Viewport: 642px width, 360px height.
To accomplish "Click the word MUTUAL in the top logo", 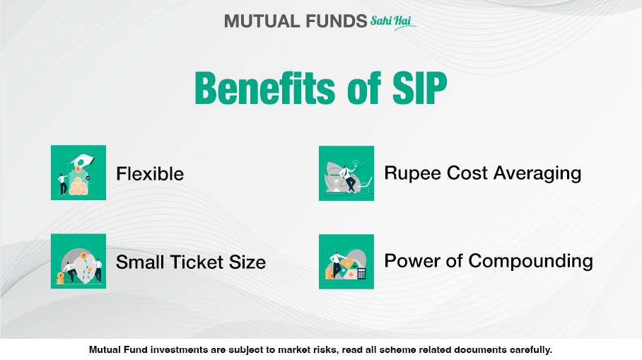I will click(257, 21).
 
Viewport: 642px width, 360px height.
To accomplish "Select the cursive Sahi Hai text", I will click(391, 21).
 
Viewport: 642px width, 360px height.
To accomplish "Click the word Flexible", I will click(150, 174).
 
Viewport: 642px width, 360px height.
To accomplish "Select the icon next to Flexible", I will click(78, 173).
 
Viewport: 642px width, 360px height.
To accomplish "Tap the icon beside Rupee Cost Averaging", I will click(346, 173).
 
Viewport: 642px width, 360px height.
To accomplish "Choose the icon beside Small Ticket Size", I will click(78, 261).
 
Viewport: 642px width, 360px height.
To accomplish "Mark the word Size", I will click(247, 262).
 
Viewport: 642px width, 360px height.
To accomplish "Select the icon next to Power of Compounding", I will click(346, 261).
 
